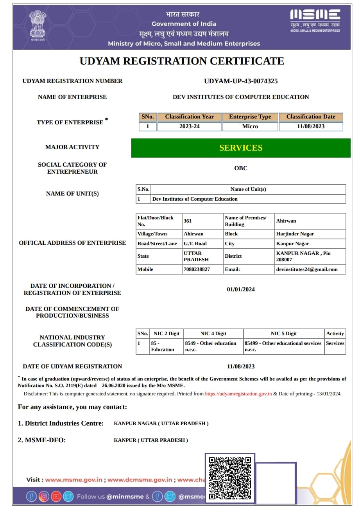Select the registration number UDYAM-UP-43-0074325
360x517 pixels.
coord(241,81)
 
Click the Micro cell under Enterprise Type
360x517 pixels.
coord(250,127)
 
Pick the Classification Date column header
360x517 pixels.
coord(311,117)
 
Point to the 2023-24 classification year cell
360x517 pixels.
coord(190,127)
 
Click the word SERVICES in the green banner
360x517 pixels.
coord(241,148)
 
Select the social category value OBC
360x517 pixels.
coord(241,168)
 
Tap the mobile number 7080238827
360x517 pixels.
coord(197,269)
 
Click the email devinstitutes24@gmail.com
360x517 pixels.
coord(307,269)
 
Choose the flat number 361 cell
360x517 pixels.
coord(188,221)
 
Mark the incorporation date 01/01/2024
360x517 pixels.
coord(241,289)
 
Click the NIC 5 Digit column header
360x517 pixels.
coord(284,334)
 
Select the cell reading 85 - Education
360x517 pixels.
coord(163,346)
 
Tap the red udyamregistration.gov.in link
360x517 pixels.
coord(238,394)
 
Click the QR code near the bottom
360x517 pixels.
coord(230,478)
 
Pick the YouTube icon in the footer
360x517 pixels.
coord(56,497)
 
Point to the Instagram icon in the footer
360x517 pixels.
coord(44,497)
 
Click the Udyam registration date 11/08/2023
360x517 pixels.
coord(241,366)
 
